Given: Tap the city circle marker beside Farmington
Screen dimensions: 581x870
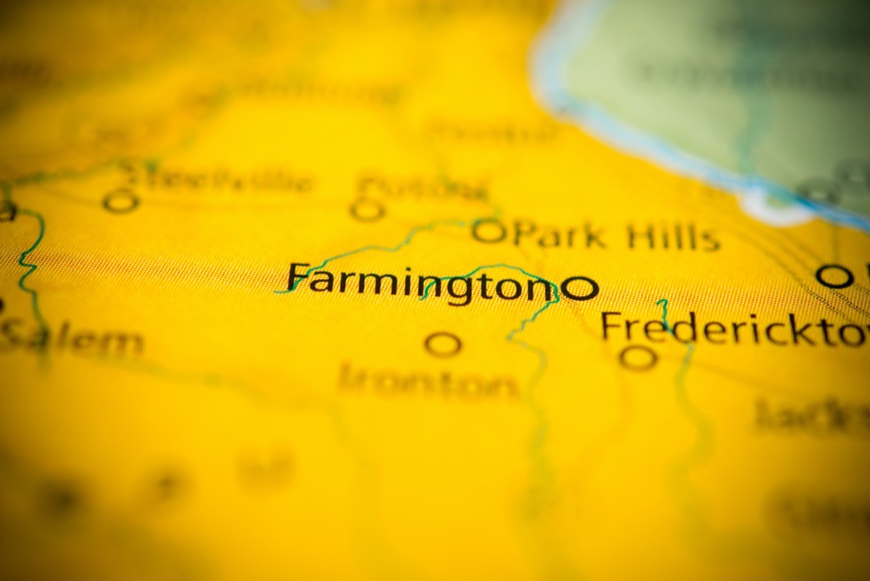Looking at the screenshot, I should point(581,288).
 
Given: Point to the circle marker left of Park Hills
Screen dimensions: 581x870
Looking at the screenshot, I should point(489,232).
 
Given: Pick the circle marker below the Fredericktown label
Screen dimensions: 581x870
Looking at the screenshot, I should point(638,357).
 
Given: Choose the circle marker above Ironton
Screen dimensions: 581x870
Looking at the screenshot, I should point(442,344).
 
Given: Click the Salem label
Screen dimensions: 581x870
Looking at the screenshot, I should point(72,339).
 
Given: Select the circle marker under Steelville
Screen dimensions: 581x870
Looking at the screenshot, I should point(120,201).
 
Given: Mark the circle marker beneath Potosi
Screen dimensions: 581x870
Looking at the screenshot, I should point(367,210).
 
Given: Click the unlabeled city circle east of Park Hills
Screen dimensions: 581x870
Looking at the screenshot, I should point(834,276).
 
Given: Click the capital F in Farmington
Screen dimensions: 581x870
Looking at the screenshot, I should point(298,279).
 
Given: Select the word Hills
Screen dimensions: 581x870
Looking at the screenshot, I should point(674,236).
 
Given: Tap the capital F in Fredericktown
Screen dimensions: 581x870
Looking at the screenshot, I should point(613,327).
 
